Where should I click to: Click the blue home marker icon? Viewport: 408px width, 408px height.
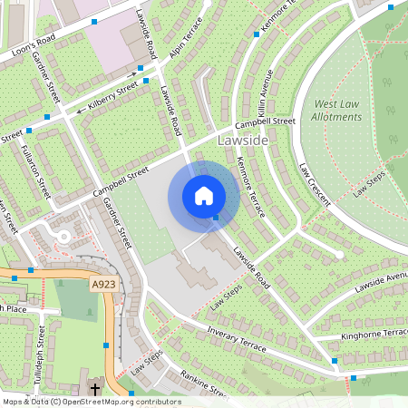(x=204, y=196)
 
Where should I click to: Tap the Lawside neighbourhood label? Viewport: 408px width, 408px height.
(x=242, y=141)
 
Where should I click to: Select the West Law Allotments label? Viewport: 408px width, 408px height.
(x=337, y=112)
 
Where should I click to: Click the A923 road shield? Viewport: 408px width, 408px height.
(x=103, y=285)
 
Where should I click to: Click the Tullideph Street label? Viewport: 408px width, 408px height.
(x=40, y=359)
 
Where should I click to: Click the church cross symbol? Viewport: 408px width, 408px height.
(x=94, y=389)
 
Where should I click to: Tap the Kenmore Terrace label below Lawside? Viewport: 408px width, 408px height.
(x=250, y=186)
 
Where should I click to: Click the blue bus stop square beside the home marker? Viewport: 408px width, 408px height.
(x=216, y=218)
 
